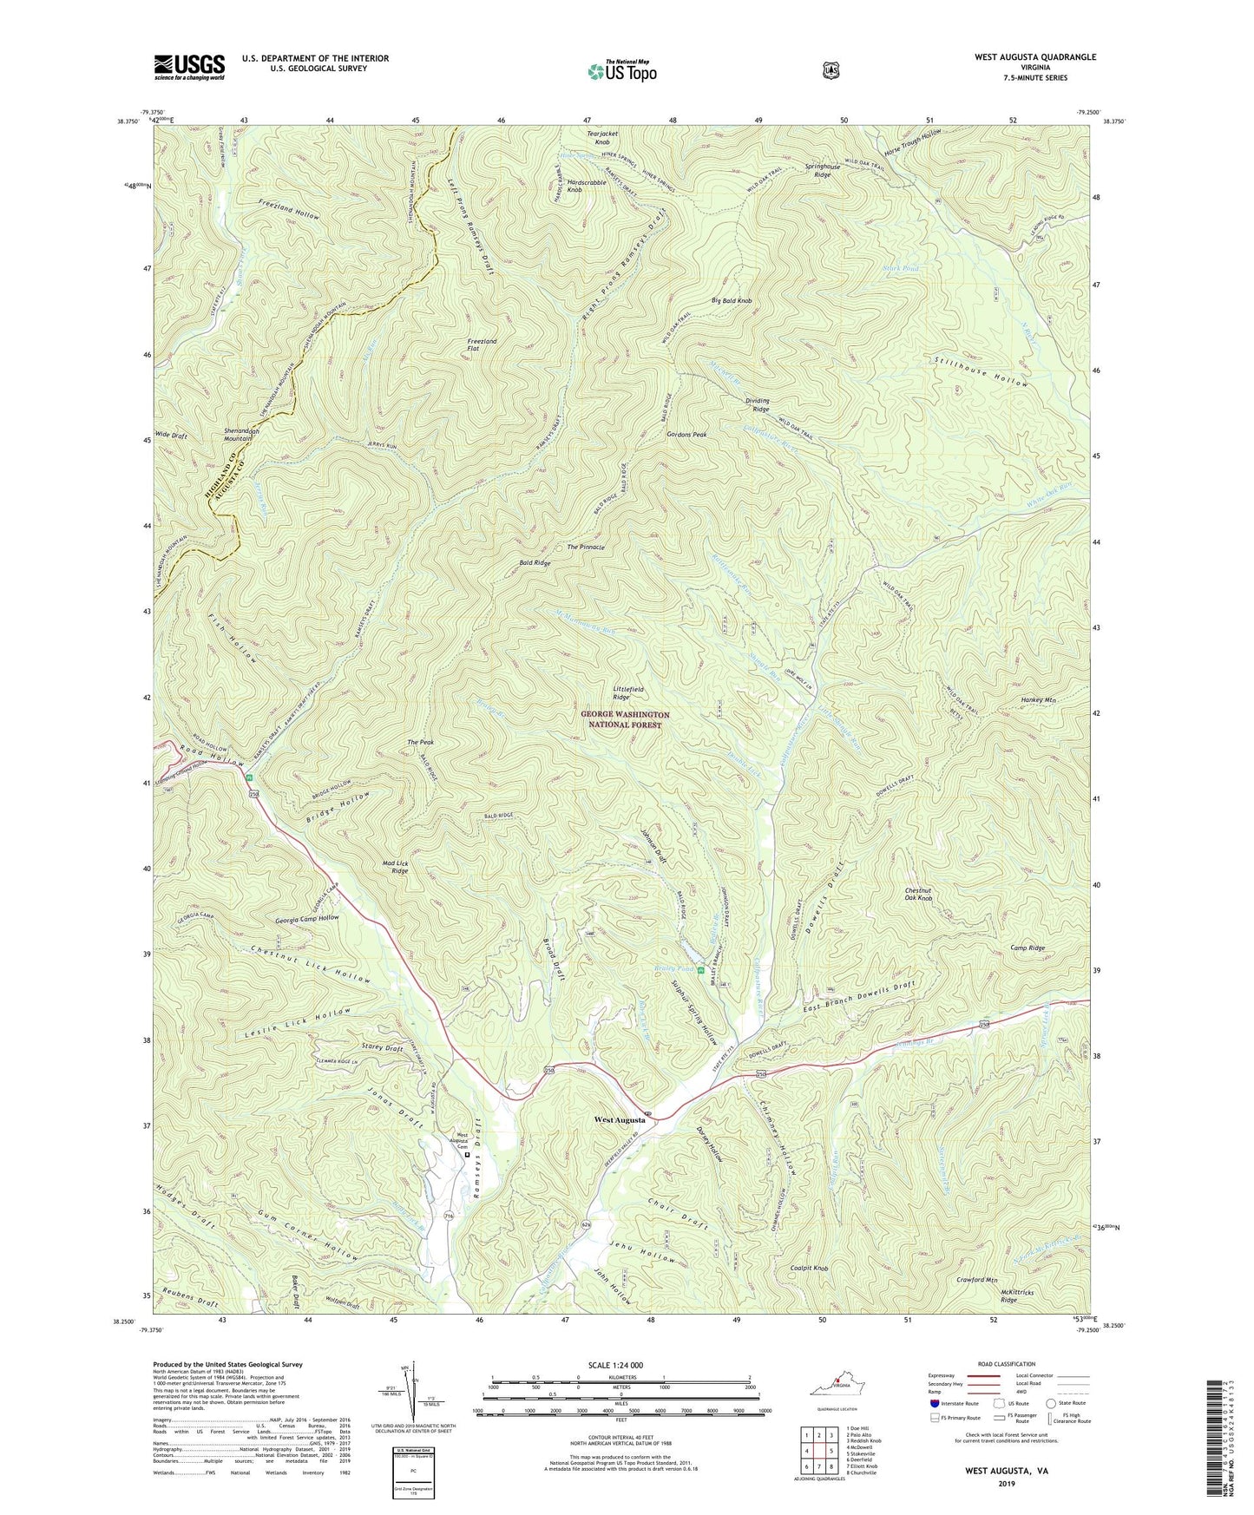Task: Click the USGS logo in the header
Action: point(189,67)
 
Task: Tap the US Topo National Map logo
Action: point(621,71)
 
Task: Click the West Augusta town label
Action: point(619,1120)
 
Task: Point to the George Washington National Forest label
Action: point(625,719)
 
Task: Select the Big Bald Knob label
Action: point(731,300)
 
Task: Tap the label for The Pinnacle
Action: point(586,548)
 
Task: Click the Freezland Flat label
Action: point(483,344)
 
